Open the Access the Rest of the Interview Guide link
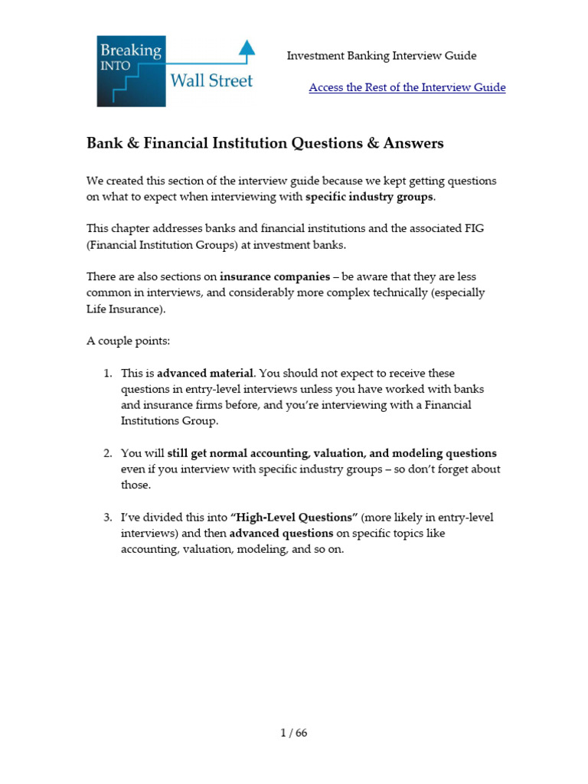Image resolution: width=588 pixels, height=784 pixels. (x=407, y=87)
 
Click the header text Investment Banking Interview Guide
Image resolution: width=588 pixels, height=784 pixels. (x=381, y=56)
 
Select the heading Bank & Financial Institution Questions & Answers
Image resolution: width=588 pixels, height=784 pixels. (x=265, y=143)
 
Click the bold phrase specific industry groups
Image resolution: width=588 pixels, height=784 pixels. (x=369, y=197)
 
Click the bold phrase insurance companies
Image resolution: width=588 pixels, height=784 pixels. (x=275, y=276)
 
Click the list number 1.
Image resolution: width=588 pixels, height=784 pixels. (x=107, y=374)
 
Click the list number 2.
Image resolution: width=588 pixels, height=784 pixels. (x=107, y=453)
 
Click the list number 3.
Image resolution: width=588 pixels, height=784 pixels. (x=107, y=518)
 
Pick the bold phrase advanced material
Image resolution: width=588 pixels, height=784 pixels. (x=205, y=374)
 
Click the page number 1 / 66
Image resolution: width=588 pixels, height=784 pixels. (x=293, y=733)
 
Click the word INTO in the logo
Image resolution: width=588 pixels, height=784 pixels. (x=116, y=67)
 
